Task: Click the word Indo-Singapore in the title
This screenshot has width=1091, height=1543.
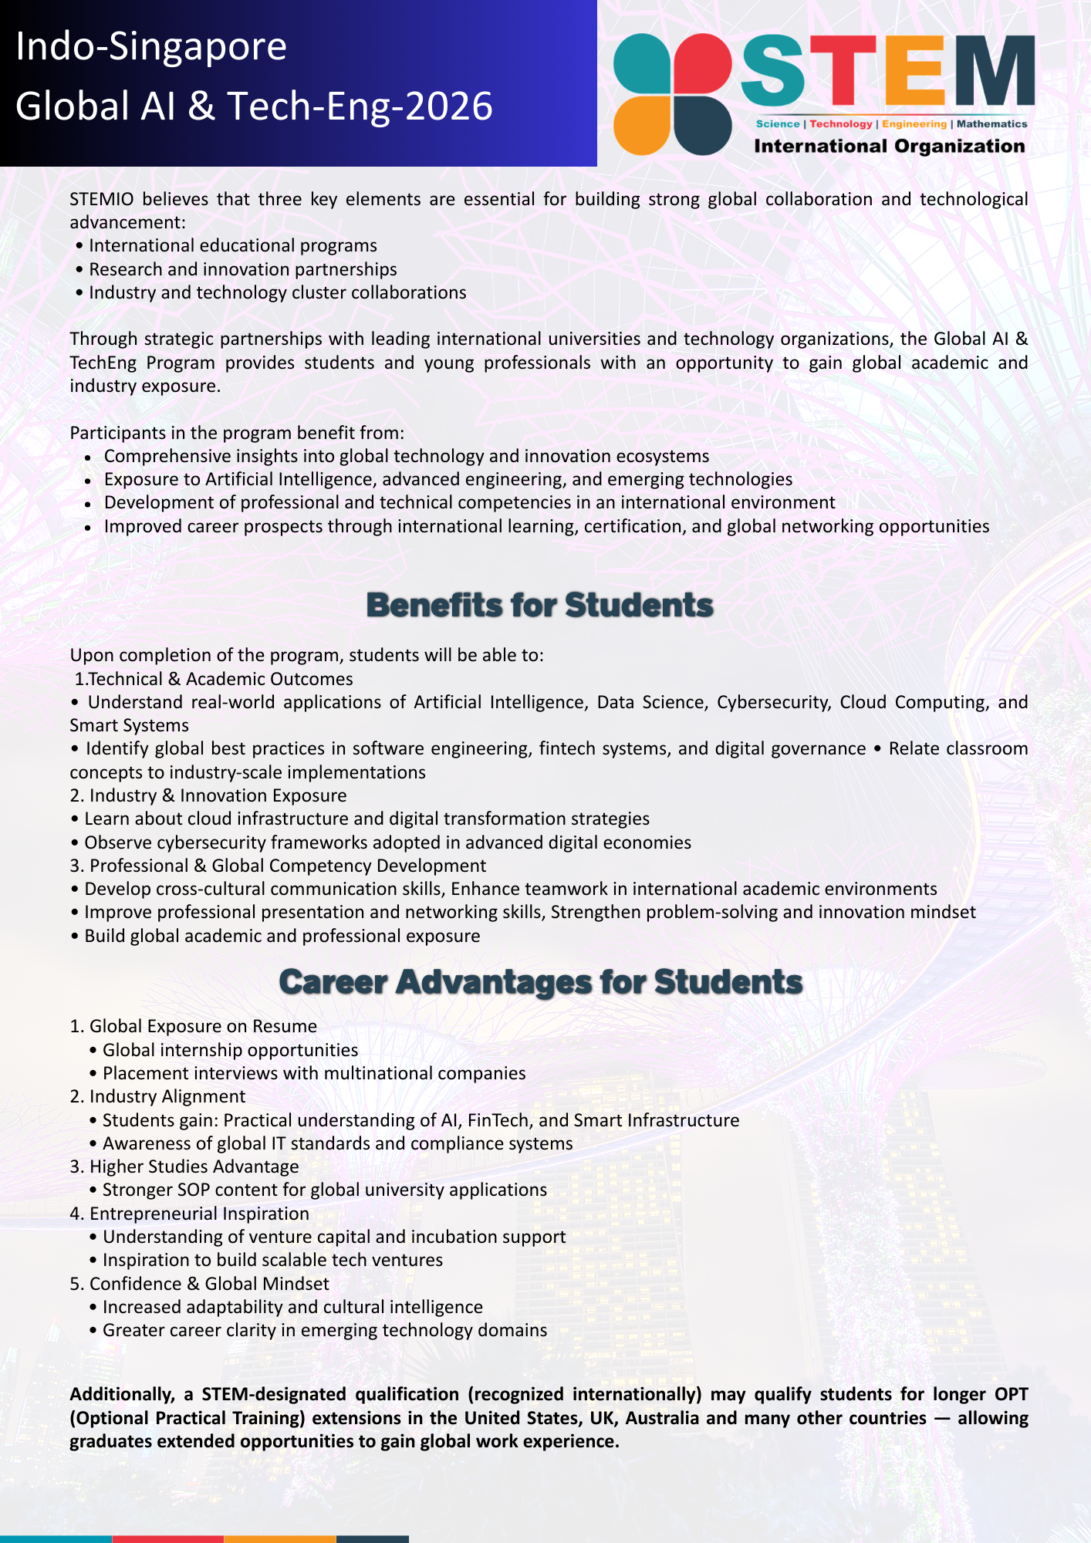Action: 151,47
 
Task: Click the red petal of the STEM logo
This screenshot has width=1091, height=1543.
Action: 702,63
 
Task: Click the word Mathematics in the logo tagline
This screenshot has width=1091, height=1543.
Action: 991,123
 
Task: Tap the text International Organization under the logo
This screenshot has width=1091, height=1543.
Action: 889,147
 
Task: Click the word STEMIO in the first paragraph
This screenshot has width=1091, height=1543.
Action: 101,199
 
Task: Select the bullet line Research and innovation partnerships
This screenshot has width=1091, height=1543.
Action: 242,269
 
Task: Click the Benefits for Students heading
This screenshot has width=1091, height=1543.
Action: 540,605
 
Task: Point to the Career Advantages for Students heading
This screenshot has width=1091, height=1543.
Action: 540,981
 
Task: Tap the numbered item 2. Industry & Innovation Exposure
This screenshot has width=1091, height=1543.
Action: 208,795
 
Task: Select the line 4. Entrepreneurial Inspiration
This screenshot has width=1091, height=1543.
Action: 190,1214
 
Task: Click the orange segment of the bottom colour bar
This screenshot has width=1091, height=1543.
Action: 280,1538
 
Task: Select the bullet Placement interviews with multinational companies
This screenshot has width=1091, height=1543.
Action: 314,1073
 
